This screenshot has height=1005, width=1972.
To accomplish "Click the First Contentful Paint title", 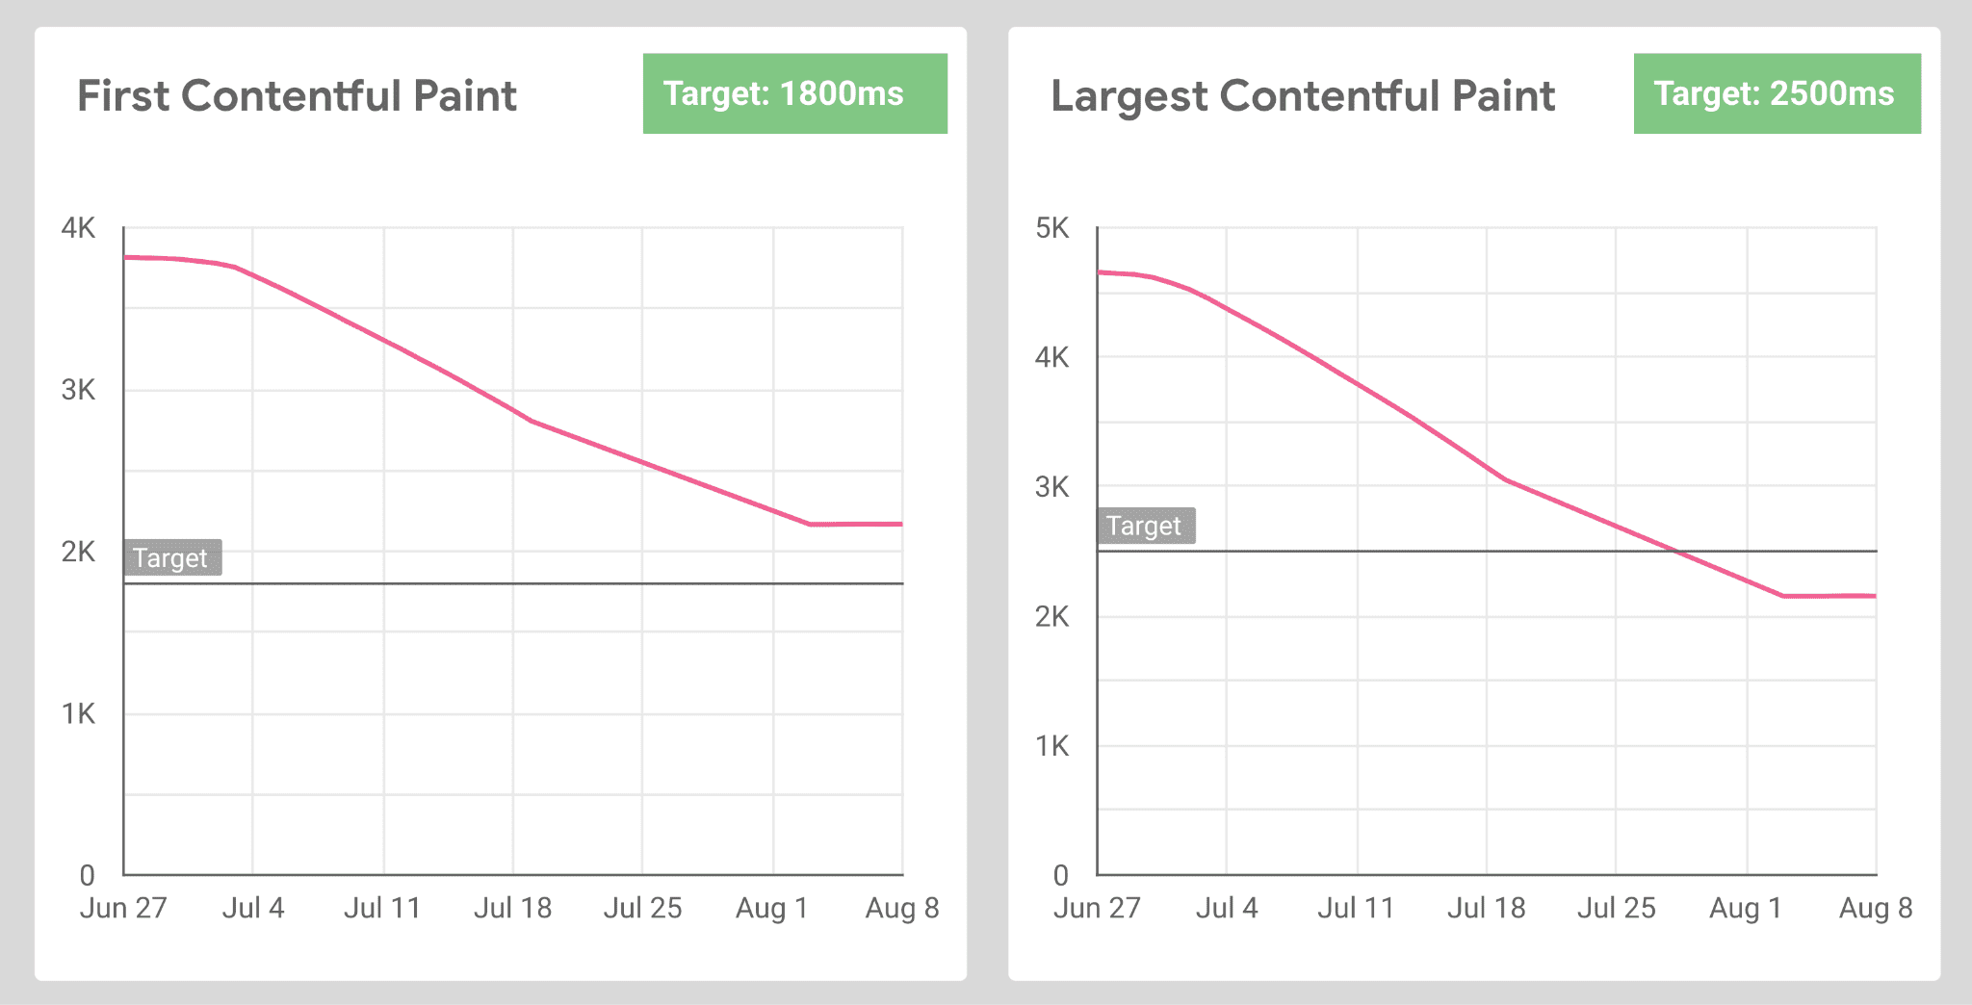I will tap(297, 95).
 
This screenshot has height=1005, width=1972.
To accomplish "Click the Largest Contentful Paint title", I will tap(1302, 95).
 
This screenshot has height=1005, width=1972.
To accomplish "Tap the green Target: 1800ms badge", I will tap(794, 93).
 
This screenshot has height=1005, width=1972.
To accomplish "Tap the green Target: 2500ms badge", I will tap(1777, 93).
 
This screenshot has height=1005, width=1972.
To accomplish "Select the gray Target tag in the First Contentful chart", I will tap(171, 557).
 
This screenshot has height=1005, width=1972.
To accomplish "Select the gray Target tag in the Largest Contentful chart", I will tap(1145, 526).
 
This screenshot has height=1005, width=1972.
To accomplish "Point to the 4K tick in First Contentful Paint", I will tap(78, 228).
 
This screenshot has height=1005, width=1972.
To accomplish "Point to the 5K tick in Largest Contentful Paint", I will tap(1051, 228).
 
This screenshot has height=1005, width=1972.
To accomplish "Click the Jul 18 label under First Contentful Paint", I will tap(512, 908).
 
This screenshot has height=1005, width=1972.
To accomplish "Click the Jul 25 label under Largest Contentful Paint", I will tap(1616, 908).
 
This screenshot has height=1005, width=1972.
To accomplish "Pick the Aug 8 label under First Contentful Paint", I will tap(902, 908).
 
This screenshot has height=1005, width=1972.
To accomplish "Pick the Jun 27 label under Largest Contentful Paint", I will tap(1097, 908).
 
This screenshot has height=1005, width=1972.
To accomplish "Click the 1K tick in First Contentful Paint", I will tap(78, 713).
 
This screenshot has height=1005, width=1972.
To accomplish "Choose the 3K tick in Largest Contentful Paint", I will tap(1051, 487).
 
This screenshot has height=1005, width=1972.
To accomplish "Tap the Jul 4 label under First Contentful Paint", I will tap(253, 908).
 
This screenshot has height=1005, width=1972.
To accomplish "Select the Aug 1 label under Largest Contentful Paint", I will tap(1746, 908).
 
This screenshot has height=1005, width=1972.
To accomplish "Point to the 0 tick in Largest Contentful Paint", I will tap(1060, 875).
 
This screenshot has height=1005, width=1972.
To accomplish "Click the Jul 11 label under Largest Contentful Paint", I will tap(1356, 908).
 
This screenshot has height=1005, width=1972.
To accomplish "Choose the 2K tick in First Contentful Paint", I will tap(78, 552).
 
